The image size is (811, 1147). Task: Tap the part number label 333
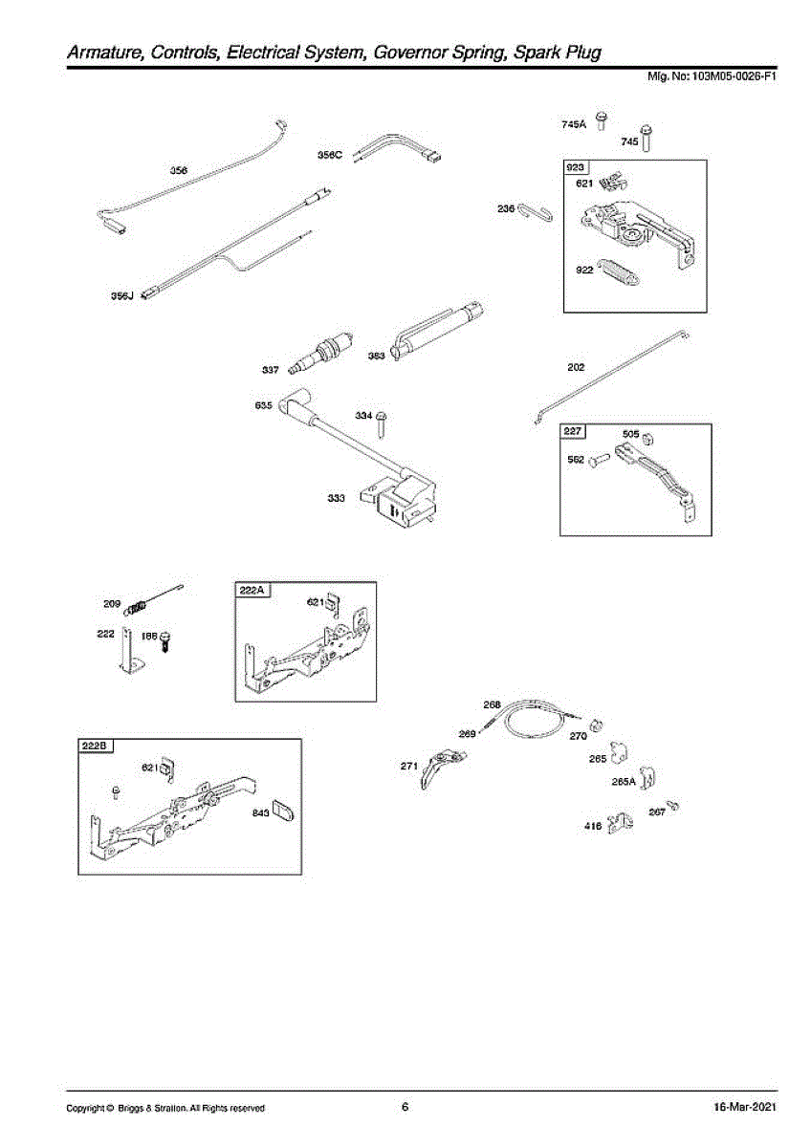337,498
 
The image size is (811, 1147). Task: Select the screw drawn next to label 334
382,422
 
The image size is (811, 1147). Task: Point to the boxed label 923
576,167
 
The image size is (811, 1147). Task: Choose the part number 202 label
576,366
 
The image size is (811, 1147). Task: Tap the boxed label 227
573,432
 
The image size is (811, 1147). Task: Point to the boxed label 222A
252,590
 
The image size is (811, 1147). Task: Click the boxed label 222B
96,747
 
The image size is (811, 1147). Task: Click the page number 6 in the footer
405,1107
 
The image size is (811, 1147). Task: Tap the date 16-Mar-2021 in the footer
743,1107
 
